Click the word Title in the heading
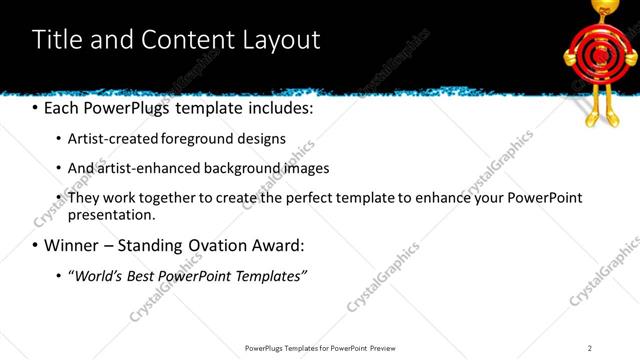point(58,40)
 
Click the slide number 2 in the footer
point(590,347)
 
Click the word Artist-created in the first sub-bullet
point(112,139)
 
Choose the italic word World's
point(96,275)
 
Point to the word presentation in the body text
point(110,215)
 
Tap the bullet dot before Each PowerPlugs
point(36,106)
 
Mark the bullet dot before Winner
point(36,245)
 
